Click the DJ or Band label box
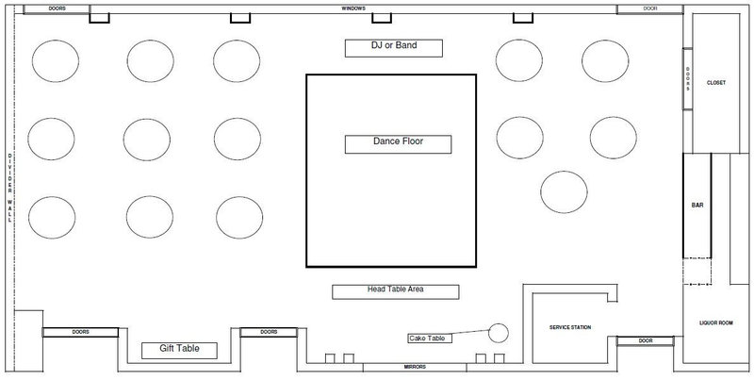tap(394, 48)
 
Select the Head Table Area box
tap(395, 292)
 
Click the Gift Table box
tap(179, 351)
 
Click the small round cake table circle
tap(499, 333)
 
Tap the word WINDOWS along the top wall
tap(353, 8)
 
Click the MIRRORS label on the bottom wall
tap(415, 367)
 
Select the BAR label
tap(697, 206)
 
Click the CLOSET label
tap(716, 83)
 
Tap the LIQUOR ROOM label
tap(716, 323)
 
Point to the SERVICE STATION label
tap(570, 327)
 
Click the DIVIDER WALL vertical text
tap(9, 188)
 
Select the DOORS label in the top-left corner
tap(57, 8)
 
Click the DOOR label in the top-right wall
tap(650, 8)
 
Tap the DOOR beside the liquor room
tap(646, 341)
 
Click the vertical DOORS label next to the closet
tap(688, 79)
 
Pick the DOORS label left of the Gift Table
tap(80, 332)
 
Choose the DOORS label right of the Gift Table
tap(269, 332)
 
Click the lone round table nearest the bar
tap(564, 192)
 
